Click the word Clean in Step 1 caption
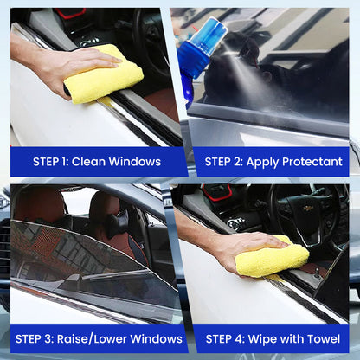[x=88, y=162]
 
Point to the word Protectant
[x=312, y=162]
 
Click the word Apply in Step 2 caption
[x=262, y=162]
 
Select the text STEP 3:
[x=35, y=339]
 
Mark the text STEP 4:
[x=225, y=339]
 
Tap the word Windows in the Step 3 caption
[x=156, y=339]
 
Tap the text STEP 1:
[x=50, y=162]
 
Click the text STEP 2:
[x=224, y=162]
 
